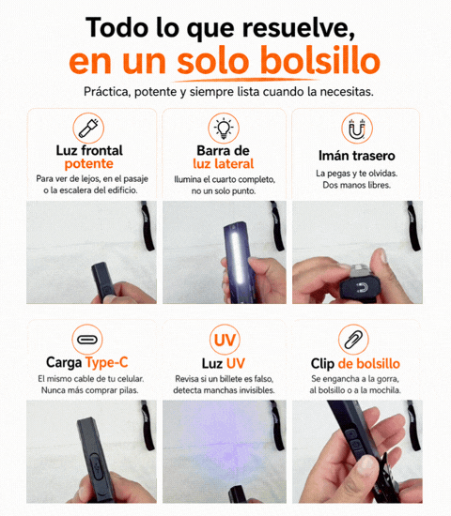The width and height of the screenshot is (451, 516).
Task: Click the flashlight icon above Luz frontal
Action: point(88,129)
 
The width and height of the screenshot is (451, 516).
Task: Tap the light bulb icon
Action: point(224,128)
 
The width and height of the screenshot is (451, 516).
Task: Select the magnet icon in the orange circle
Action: point(357,129)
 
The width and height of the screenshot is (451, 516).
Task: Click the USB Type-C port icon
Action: point(87,340)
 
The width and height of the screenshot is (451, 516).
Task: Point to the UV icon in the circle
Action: point(225,340)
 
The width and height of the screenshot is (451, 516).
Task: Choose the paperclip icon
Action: point(353,340)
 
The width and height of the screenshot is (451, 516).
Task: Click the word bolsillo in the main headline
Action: point(320,61)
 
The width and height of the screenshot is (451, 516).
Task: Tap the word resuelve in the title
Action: point(299,28)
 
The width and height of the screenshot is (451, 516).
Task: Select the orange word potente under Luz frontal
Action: point(89,164)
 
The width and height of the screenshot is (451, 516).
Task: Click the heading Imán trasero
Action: point(357,156)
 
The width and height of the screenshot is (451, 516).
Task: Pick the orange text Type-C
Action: point(107,363)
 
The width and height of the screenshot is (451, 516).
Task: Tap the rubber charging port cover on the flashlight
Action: point(95,465)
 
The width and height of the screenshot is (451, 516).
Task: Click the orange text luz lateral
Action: point(224,164)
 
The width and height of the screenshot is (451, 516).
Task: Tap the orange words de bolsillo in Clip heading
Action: point(369,364)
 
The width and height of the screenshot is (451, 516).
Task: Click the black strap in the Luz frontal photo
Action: point(148,226)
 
